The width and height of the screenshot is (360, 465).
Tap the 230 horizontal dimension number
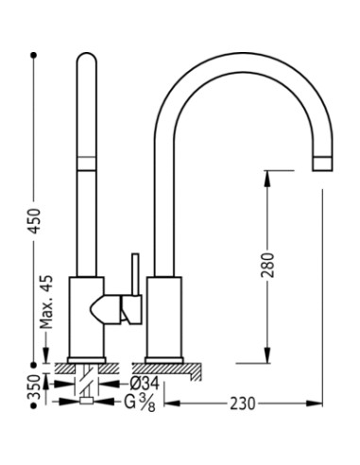244,404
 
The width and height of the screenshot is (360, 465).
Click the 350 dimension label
35,386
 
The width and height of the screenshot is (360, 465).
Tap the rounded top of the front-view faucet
86,61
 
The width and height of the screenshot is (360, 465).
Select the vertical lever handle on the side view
135,274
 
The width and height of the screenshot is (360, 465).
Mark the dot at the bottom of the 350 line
34,404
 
